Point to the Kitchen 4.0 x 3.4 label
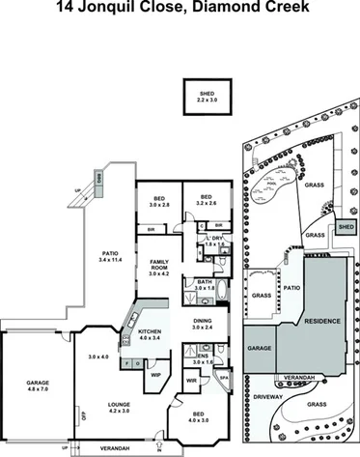(148, 335)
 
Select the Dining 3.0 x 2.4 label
(201, 326)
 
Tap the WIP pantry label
(154, 374)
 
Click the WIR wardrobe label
(191, 381)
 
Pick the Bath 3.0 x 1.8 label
(204, 285)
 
